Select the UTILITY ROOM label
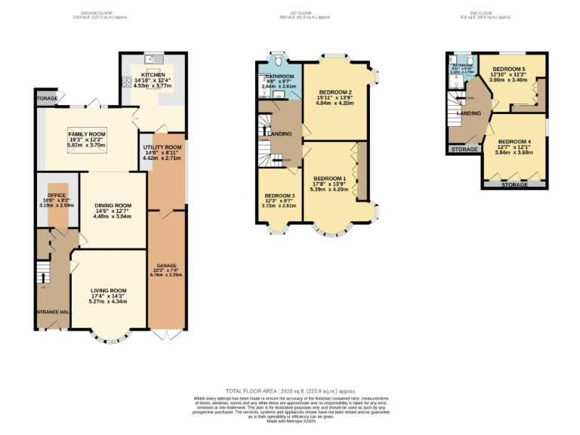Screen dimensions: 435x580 tap(164, 147)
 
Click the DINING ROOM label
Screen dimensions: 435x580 tap(113, 205)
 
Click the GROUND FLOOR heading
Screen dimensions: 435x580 tap(103, 14)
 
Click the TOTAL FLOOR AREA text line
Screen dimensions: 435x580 tap(291, 391)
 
